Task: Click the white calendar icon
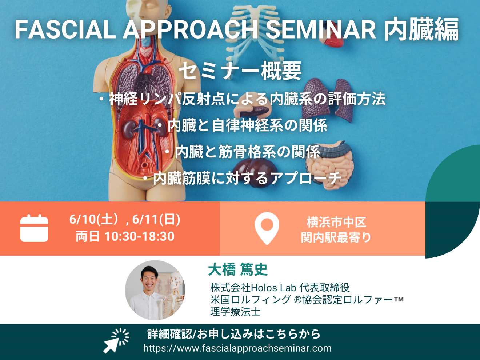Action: [x=34, y=228]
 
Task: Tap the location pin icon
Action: [x=267, y=228]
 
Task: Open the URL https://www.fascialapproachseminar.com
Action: [x=237, y=348]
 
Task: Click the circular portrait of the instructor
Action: [x=155, y=290]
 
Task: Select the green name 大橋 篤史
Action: [x=238, y=269]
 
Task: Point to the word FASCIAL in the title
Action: [x=65, y=30]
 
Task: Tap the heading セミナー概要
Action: [x=240, y=71]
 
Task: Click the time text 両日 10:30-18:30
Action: [x=125, y=236]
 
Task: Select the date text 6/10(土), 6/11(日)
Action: [x=125, y=219]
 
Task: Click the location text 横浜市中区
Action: [x=336, y=222]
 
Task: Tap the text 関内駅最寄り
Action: [x=336, y=237]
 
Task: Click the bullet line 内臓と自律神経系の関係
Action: [x=243, y=125]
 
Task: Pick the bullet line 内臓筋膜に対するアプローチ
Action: [x=242, y=178]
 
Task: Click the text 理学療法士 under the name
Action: [x=236, y=312]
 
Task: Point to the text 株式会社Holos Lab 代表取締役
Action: [x=280, y=288]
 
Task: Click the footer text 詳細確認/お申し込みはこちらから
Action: [x=234, y=334]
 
